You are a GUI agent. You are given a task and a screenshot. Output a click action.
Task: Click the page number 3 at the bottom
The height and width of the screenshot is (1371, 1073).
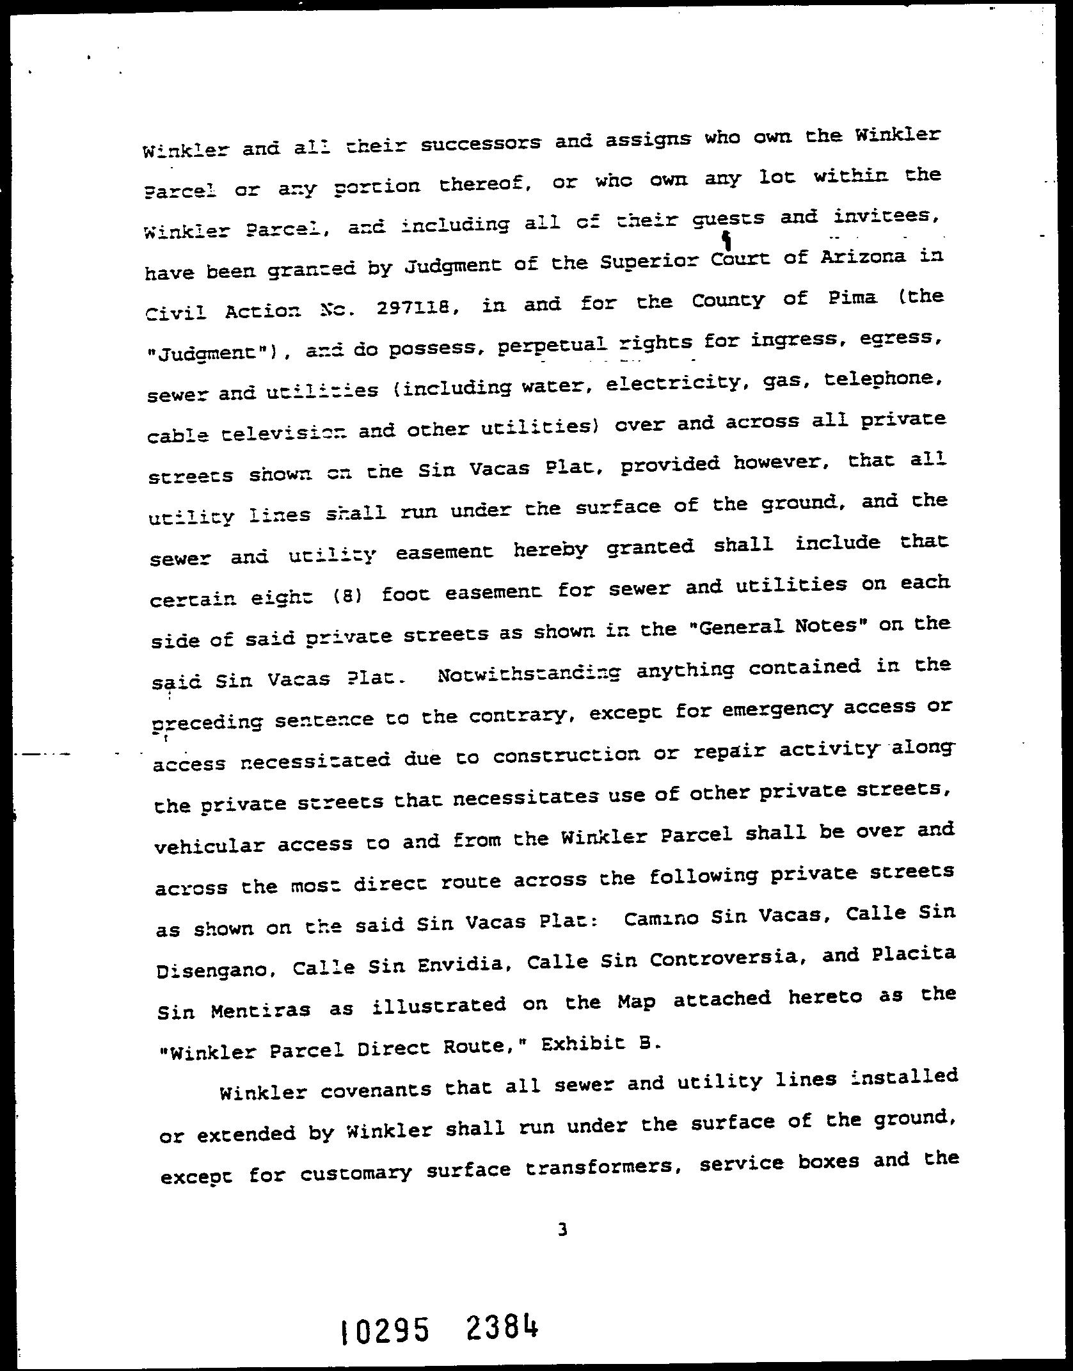point(562,1229)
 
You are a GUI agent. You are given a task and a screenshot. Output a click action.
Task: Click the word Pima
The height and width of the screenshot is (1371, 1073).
point(849,298)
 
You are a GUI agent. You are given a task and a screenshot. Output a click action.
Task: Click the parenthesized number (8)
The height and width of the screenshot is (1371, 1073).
point(349,597)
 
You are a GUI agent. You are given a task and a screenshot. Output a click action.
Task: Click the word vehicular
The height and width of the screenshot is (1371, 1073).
point(208,846)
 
